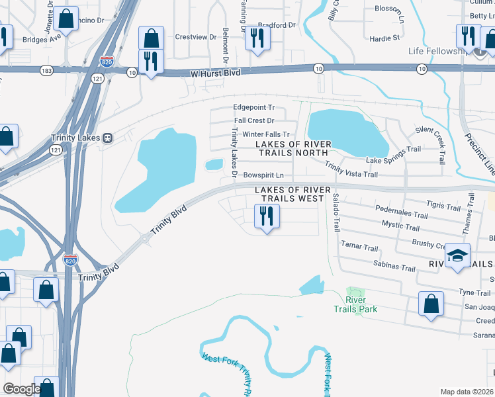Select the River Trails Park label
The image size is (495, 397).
[x=355, y=305]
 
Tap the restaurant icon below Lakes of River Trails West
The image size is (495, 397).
[x=267, y=216]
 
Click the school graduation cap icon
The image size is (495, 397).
[x=457, y=255]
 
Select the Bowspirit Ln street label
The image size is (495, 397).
[x=263, y=175]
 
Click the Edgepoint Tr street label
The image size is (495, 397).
[x=253, y=107]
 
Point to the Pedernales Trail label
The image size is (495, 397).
[x=401, y=215]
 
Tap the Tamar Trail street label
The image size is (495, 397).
[x=359, y=247]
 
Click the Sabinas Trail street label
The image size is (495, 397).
[x=394, y=266]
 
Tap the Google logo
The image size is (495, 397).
[x=21, y=389]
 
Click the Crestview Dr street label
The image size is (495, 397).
[x=195, y=37]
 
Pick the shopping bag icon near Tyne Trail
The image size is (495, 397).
[x=431, y=304]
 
